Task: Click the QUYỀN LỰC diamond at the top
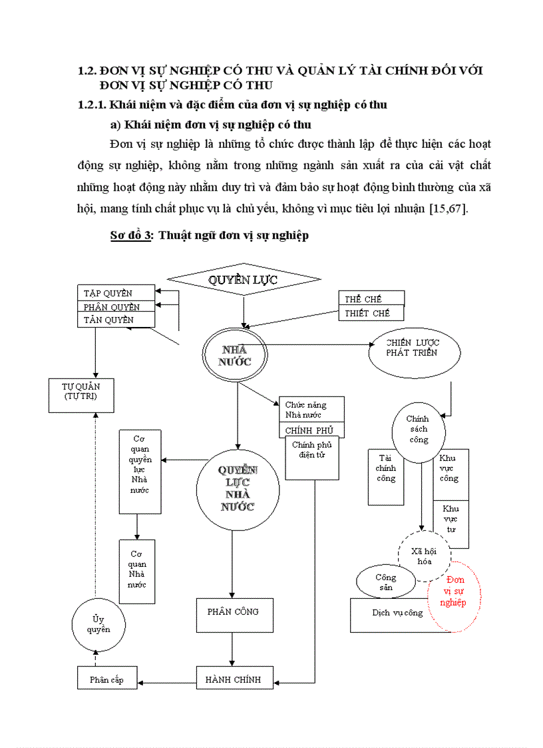point(243,280)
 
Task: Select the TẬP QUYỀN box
point(117,292)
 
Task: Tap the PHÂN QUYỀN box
point(117,306)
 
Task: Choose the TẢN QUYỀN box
point(117,320)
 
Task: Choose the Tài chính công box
point(386,476)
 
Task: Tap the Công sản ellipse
point(385,581)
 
